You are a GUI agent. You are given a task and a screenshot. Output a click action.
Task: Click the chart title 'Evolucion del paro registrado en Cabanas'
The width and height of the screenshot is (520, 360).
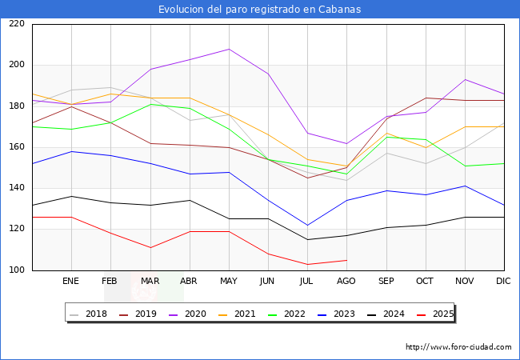click(x=259, y=10)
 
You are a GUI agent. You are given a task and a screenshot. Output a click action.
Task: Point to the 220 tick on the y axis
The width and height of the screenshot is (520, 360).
click(x=17, y=24)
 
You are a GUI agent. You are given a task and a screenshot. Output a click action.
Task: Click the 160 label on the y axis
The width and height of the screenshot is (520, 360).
click(x=17, y=147)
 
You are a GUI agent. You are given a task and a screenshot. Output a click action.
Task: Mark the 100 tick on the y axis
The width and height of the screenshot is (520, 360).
click(x=17, y=270)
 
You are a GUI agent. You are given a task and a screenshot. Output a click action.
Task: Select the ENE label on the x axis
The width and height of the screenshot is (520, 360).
click(x=71, y=282)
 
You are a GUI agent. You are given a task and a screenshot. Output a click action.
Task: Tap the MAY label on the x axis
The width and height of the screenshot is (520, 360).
click(x=229, y=282)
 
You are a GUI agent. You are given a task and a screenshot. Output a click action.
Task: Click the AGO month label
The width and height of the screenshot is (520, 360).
click(x=346, y=282)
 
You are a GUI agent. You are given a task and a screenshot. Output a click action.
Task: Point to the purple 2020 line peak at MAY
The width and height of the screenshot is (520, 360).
click(x=229, y=49)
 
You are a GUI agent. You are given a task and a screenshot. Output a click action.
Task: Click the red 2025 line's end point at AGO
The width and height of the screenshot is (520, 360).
click(x=346, y=260)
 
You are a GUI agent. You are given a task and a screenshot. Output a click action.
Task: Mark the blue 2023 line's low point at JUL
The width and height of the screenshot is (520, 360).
click(x=307, y=225)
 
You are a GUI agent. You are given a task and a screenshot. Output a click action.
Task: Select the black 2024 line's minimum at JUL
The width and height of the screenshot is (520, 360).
click(x=307, y=239)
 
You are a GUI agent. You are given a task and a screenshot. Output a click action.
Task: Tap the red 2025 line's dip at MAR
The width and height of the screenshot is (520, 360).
click(x=150, y=248)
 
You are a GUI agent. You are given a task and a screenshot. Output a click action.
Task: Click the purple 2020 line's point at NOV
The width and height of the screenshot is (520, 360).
click(x=465, y=79)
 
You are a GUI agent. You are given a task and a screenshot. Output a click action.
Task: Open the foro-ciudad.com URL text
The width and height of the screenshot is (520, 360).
click(x=458, y=347)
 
